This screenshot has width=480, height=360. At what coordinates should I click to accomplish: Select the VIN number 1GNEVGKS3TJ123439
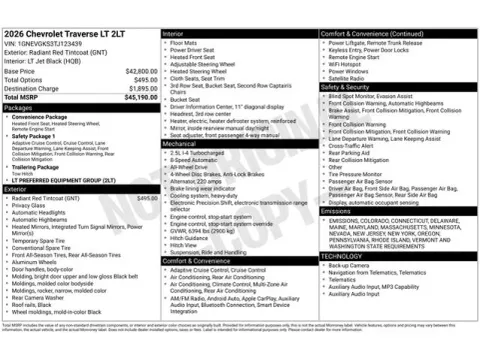tap(49, 44)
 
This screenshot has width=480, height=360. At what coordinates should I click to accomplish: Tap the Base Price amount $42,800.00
tap(141, 72)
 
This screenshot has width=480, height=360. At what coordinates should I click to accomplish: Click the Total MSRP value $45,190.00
tap(140, 97)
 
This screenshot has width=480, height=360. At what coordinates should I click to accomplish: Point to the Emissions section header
tap(337, 211)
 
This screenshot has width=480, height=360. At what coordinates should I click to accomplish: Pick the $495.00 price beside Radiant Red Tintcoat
tap(146, 198)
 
